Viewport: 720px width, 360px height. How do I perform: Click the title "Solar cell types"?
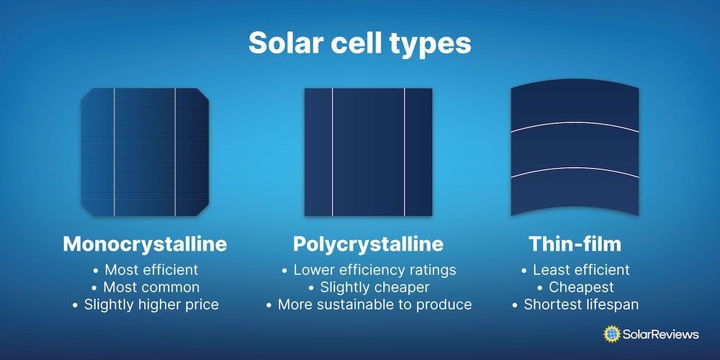tap(359, 43)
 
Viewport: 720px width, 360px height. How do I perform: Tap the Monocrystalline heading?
tap(145, 244)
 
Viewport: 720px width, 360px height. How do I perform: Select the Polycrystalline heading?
tap(368, 244)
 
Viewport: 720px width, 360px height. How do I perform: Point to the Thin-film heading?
tap(575, 244)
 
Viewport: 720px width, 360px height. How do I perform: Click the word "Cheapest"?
tap(581, 287)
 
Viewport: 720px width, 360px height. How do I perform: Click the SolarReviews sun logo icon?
tap(612, 334)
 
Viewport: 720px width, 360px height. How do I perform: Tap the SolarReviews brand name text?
tap(661, 334)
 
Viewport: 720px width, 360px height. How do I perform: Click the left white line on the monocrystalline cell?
tap(114, 152)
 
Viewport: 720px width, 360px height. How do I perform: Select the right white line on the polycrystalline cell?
tap(404, 152)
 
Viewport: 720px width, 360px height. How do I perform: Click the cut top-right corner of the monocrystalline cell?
tap(204, 94)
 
